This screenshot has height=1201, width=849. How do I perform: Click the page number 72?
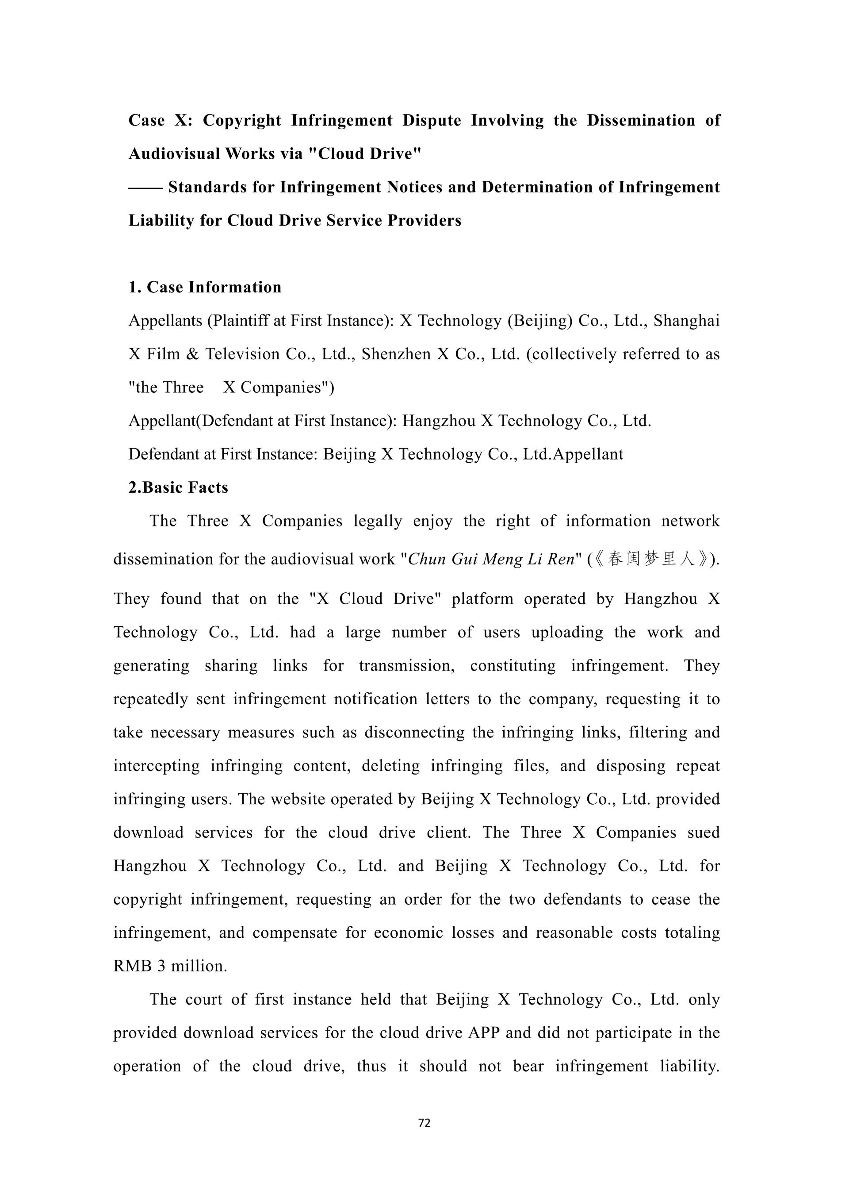[424, 1123]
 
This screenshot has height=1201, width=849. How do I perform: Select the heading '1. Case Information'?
[205, 287]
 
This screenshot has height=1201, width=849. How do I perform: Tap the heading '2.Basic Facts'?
[178, 487]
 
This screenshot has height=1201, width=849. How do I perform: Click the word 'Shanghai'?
[686, 321]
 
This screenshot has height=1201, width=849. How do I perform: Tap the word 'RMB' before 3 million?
[133, 966]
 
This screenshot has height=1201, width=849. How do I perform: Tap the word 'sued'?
[703, 833]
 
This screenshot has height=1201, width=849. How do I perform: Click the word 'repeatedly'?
[150, 699]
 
